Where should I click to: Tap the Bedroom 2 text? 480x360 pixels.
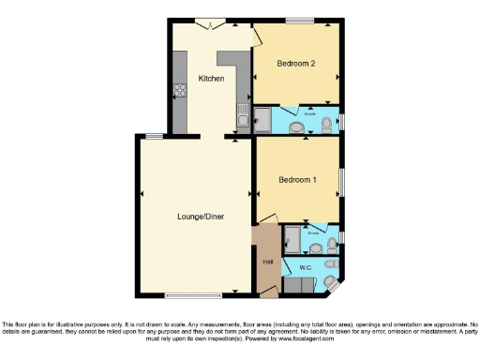(295, 63)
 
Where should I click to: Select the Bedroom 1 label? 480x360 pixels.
(295, 179)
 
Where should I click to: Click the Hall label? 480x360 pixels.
(267, 262)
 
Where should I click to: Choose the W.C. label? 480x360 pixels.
(306, 268)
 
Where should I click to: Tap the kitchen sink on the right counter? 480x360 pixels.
(243, 118)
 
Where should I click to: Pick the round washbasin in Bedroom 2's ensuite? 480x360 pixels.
(296, 127)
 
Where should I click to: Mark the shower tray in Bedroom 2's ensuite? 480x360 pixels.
(264, 119)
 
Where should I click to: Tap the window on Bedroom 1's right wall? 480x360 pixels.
(342, 180)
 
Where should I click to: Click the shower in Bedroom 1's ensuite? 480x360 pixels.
(292, 239)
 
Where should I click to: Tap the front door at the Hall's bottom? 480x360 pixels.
(269, 294)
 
